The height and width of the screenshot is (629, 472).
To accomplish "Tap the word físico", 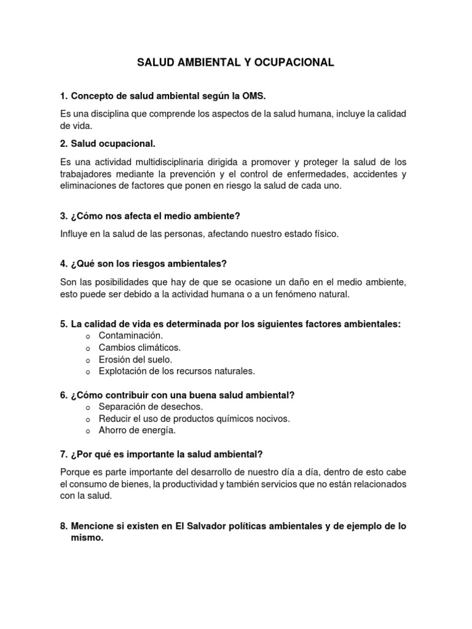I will pyautogui.click(x=323, y=234).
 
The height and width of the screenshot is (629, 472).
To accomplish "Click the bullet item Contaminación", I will pyautogui.click(x=131, y=335).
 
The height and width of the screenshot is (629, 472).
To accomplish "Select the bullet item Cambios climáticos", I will pyautogui.click(x=140, y=348).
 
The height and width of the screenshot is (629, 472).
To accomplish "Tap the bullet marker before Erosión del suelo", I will pyautogui.click(x=88, y=360).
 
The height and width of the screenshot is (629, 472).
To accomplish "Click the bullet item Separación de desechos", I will pyautogui.click(x=151, y=407).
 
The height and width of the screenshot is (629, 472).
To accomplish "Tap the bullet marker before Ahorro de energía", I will pyautogui.click(x=88, y=431).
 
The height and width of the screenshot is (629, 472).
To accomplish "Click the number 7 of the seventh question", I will pyautogui.click(x=63, y=455).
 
